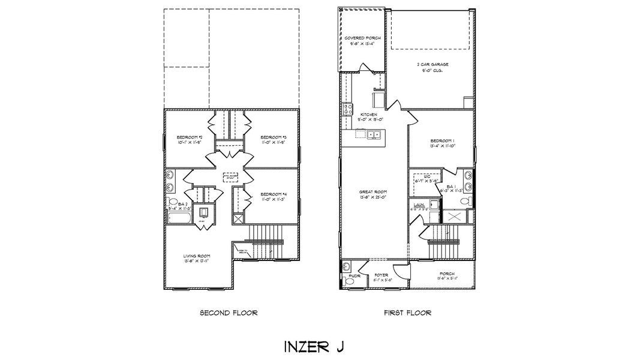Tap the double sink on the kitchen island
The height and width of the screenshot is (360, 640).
point(374,134)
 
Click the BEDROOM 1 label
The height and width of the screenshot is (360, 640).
point(441,142)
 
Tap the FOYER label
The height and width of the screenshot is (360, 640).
point(382,277)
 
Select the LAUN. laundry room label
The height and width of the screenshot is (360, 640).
point(419,207)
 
